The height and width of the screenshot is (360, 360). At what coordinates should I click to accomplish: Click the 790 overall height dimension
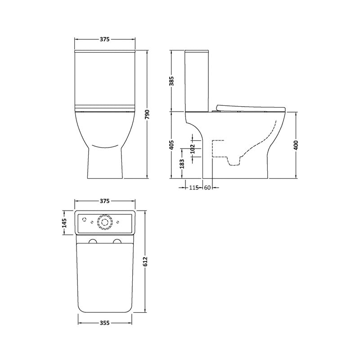pyautogui.click(x=147, y=114)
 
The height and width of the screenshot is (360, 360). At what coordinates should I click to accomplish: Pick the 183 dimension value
pyautogui.click(x=182, y=163)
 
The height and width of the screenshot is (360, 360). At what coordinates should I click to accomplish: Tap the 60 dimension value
pyautogui.click(x=207, y=188)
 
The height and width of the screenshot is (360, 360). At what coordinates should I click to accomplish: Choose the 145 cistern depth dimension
pyautogui.click(x=64, y=223)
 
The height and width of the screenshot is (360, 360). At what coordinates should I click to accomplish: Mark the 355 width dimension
pyautogui.click(x=105, y=323)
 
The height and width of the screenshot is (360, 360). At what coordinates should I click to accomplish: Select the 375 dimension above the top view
pyautogui.click(x=104, y=201)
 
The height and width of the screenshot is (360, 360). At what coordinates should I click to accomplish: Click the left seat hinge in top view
pyautogui.click(x=93, y=242)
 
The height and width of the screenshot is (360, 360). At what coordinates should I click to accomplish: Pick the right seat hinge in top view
pyautogui.click(x=118, y=242)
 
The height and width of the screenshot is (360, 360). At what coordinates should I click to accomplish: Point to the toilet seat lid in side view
pyautogui.click(x=250, y=108)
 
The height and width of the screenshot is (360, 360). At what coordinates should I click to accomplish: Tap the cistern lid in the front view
pyautogui.click(x=105, y=53)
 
